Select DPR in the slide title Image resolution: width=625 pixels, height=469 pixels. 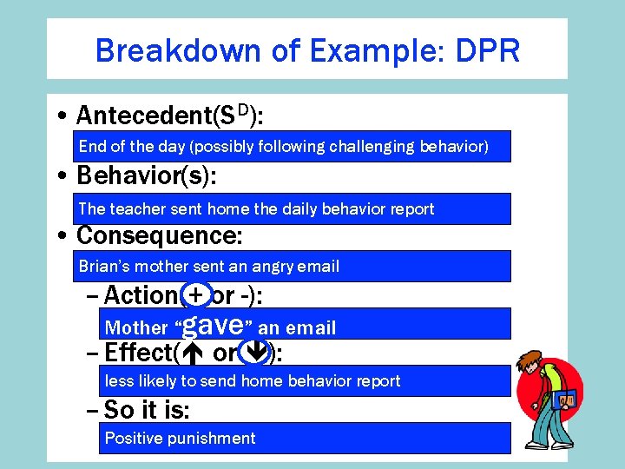[486, 50]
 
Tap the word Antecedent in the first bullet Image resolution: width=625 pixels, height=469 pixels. [144, 116]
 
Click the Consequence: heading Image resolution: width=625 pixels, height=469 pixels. [160, 235]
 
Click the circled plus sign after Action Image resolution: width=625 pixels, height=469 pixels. [196, 296]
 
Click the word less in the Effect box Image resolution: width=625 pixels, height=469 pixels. [119, 381]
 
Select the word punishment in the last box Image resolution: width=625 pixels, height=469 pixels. [212, 438]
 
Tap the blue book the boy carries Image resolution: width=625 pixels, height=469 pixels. [566, 400]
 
